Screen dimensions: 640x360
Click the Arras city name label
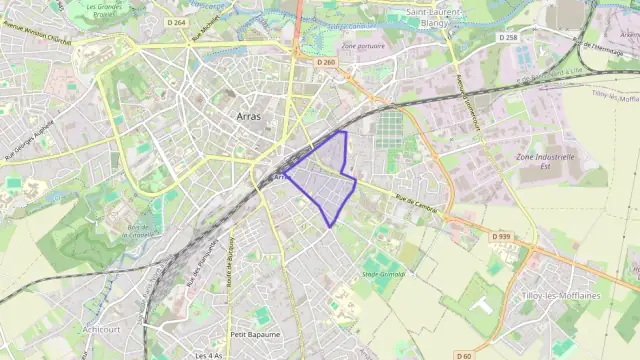(x=249, y=117)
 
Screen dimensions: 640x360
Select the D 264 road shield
(x=177, y=22)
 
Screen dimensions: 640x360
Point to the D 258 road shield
(x=508, y=37)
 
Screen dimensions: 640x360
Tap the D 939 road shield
(x=500, y=237)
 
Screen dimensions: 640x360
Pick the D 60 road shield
(x=463, y=355)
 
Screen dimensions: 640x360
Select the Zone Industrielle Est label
(x=545, y=163)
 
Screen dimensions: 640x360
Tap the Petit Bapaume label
(x=253, y=334)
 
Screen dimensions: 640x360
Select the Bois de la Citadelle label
(x=147, y=232)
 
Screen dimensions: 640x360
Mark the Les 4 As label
(x=209, y=355)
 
